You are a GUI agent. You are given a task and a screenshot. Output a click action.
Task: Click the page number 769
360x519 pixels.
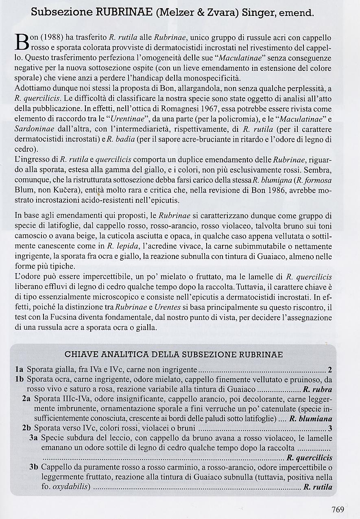coord(338,509)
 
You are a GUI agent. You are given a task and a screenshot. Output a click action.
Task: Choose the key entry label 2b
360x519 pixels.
coord(27,428)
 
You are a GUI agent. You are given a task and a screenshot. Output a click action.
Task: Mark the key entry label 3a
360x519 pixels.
coord(34,438)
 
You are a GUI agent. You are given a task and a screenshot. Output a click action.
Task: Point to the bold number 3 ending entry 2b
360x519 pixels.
coord(330,428)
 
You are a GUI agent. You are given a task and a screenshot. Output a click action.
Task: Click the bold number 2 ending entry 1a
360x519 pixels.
coord(330,370)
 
